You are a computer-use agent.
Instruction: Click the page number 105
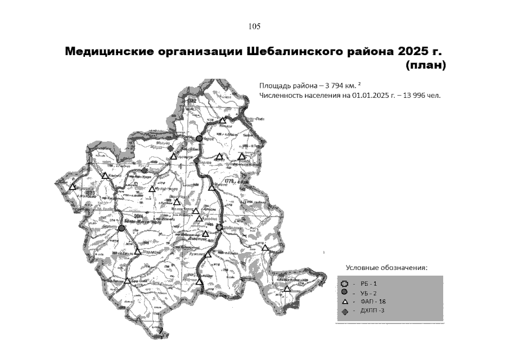pyautogui.click(x=254, y=26)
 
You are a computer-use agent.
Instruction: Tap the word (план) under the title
pyautogui.click(x=425, y=66)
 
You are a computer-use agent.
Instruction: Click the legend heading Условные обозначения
pyautogui.click(x=386, y=267)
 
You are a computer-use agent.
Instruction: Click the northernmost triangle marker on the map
pyautogui.click(x=223, y=120)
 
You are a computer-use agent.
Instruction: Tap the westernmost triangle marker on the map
pyautogui.click(x=73, y=187)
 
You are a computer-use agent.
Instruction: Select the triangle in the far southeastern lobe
pyautogui.click(x=287, y=289)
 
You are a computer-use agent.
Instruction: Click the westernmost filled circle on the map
pyautogui.click(x=121, y=228)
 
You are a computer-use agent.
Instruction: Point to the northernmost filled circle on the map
pyautogui.click(x=199, y=138)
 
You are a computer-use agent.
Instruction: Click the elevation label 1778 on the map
pyautogui.click(x=228, y=181)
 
